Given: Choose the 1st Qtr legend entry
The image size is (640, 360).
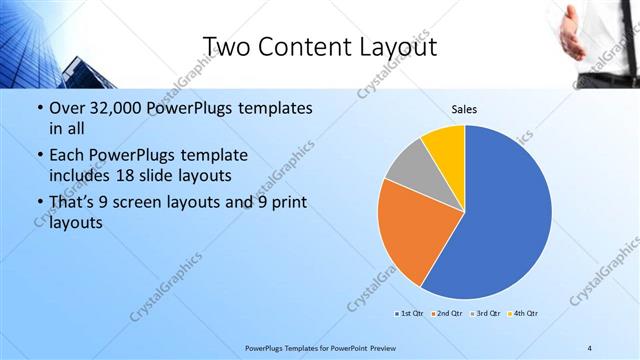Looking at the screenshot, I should tap(409, 314).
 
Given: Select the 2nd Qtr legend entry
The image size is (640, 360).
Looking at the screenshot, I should tap(446, 314).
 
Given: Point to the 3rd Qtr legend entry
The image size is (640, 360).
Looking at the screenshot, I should tap(483, 314).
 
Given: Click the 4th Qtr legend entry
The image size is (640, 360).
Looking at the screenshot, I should tap(521, 314).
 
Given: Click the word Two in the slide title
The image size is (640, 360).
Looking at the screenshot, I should tap(228, 46).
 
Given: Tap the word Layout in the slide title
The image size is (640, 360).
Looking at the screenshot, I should tap(398, 46).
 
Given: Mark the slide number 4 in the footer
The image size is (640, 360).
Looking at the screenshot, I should tap(589, 347).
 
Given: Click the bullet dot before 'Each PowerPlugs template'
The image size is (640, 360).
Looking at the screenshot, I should tap(39, 156).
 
